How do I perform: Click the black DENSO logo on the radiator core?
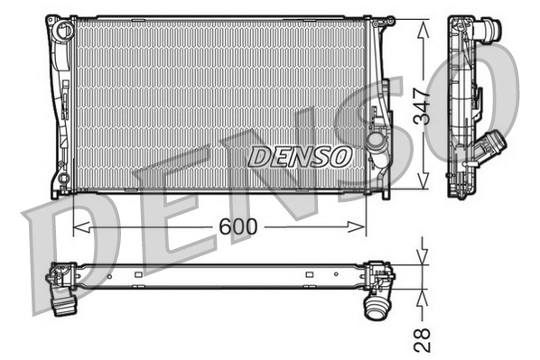[299, 156]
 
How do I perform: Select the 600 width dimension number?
[237, 226]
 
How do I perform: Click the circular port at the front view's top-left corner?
[63, 31]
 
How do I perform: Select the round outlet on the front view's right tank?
[377, 144]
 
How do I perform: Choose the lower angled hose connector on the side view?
[493, 144]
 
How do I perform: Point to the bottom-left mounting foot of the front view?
[57, 190]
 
